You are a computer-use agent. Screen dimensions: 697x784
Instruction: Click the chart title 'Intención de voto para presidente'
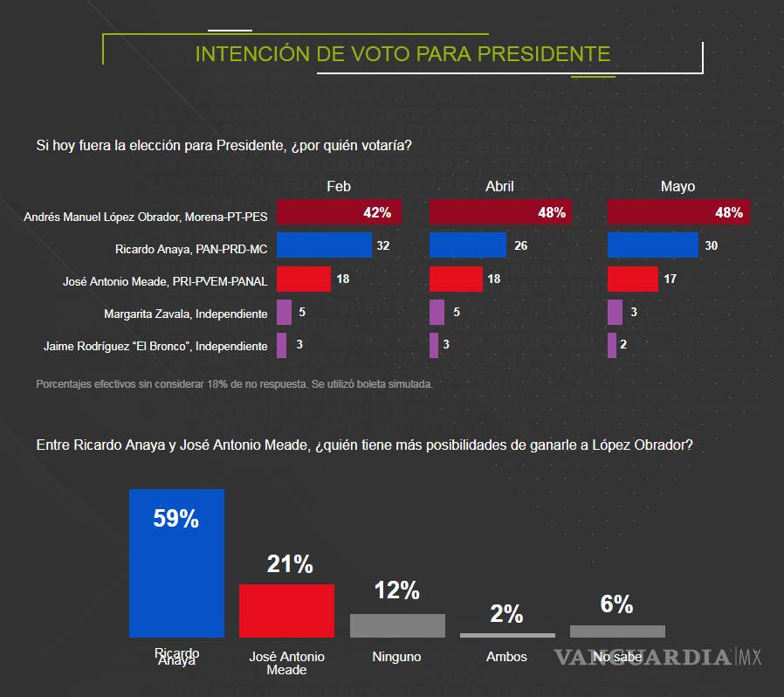402,54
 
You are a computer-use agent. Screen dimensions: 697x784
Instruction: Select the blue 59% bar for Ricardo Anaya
176,562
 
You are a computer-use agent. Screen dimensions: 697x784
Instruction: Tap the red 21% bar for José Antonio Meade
286,611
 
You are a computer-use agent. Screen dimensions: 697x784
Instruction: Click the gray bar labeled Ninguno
397,625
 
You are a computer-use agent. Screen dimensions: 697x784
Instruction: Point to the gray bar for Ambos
506,635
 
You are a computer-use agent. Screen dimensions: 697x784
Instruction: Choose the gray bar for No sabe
617,631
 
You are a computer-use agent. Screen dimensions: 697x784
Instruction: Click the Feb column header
339,187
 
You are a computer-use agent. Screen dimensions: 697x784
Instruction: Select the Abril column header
499,187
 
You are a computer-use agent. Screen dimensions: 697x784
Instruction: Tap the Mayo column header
677,187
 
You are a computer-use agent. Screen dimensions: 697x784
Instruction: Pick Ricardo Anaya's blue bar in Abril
467,245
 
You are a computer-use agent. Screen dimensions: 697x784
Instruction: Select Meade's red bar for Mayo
632,279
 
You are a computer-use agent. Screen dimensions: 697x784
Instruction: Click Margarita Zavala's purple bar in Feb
284,312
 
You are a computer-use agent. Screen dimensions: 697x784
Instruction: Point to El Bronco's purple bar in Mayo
612,345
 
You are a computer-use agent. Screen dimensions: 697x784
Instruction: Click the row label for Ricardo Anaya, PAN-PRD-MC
191,248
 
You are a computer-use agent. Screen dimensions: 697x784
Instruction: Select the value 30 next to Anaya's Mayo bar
711,246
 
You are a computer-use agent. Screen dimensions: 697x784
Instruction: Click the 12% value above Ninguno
397,591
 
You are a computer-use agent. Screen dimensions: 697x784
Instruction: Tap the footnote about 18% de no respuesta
234,383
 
